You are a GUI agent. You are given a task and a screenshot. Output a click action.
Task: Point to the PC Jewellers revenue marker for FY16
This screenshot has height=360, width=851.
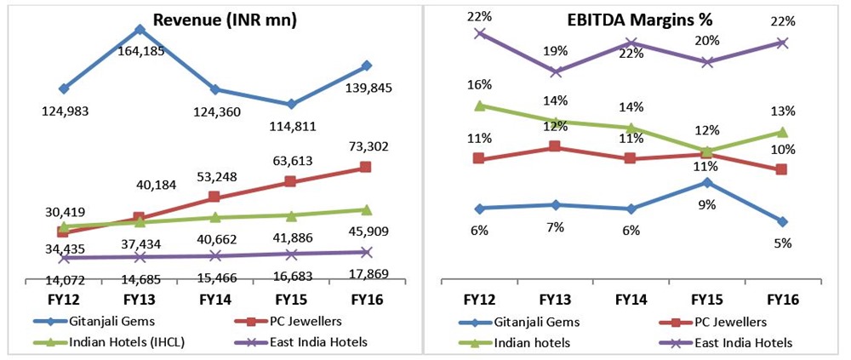tap(366, 167)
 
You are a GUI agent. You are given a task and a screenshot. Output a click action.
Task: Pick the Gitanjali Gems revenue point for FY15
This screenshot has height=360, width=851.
tap(291, 104)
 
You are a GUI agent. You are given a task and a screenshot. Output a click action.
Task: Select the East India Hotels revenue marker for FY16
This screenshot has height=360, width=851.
tap(366, 252)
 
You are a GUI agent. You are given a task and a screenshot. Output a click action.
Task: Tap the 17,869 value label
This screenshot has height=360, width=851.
tap(366, 273)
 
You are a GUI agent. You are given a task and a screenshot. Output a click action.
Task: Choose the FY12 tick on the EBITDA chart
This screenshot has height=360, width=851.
tap(480, 300)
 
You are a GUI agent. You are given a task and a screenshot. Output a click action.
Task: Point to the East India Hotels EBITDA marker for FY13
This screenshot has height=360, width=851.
tap(555, 71)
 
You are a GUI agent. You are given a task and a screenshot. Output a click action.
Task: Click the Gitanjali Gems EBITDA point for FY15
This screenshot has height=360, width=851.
tap(706, 182)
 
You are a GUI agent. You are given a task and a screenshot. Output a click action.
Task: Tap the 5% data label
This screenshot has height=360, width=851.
tap(782, 243)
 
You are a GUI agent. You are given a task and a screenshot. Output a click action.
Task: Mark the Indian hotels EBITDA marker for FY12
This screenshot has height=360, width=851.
tap(480, 106)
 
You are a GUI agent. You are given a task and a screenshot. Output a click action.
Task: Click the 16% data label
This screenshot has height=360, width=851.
tap(480, 85)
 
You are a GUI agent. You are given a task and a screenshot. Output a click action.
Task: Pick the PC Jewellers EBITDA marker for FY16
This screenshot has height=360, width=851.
tap(782, 169)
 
